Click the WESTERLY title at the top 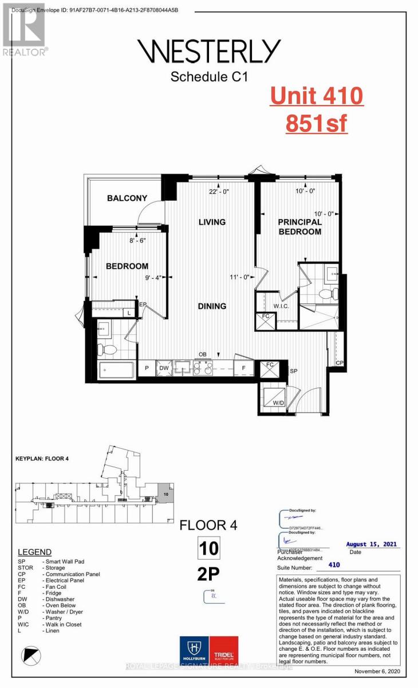pos(209,52)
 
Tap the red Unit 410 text pos(317,95)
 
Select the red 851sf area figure pos(317,122)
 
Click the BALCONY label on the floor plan pos(127,198)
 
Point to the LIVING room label pos(212,222)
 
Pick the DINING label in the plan pos(212,306)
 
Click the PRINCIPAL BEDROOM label pos(299,226)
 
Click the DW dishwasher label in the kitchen pos(164,368)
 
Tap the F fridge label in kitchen pos(243,368)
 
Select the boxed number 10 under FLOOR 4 pos(208,548)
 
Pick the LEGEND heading pos(34,552)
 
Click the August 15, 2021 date pos(372,545)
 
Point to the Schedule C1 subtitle pos(209,77)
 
